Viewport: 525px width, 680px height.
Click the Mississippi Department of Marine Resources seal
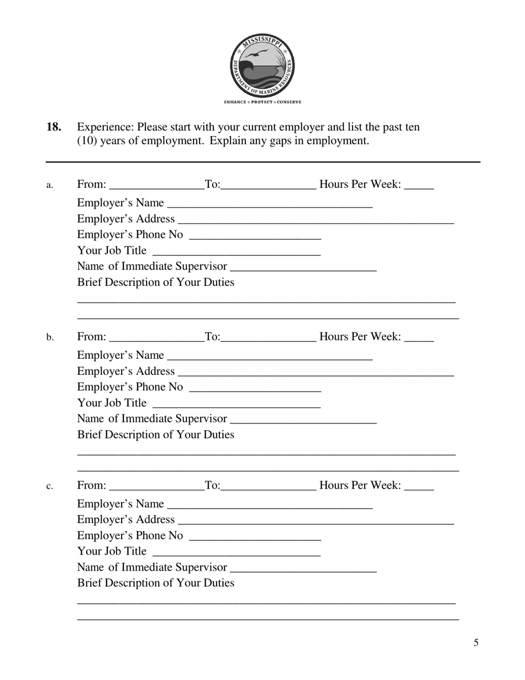[x=262, y=65]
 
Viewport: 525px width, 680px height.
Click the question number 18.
[x=54, y=127]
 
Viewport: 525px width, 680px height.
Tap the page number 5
[x=476, y=642]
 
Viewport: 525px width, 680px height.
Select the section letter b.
[x=50, y=337]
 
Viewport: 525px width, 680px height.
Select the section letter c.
[x=50, y=487]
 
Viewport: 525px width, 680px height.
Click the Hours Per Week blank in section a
[x=419, y=185]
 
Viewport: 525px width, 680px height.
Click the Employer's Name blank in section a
[x=270, y=203]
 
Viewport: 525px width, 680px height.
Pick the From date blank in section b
[x=157, y=337]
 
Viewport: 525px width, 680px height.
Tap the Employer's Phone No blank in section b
[x=255, y=387]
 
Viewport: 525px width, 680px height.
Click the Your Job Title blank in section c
[x=236, y=552]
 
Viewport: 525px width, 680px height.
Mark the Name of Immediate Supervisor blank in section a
[x=303, y=266]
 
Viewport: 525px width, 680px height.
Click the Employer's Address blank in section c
[x=316, y=520]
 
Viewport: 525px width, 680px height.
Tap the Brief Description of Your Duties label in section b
[x=155, y=435]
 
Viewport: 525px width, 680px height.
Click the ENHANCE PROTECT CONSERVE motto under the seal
[x=262, y=102]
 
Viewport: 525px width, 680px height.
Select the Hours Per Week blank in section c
[x=419, y=486]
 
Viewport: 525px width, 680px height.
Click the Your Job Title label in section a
[x=112, y=250]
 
